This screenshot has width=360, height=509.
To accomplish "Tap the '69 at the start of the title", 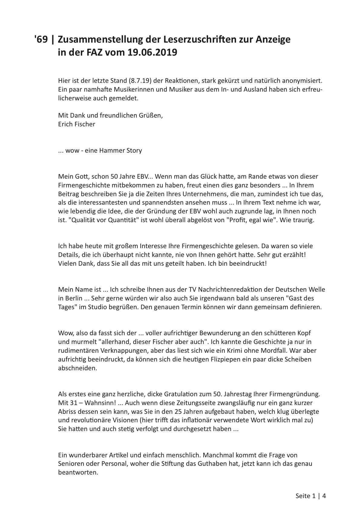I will tap(41, 39).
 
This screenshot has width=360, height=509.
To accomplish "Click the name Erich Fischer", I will tap(77, 124).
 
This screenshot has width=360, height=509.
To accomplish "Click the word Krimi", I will tap(247, 351).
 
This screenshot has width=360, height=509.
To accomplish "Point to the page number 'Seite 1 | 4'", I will tap(311, 496).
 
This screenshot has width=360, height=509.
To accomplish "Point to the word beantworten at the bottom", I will tap(78, 472).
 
